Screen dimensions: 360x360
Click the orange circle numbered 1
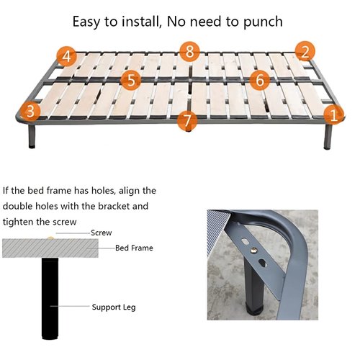click(x=333, y=114)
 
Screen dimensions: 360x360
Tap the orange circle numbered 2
click(x=305, y=52)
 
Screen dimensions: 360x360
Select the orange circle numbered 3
click(x=30, y=111)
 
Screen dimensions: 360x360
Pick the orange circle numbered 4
click(x=67, y=55)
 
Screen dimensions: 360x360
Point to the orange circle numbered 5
click(x=130, y=80)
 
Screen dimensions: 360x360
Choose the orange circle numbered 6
click(x=261, y=80)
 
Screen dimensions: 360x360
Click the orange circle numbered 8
click(x=189, y=51)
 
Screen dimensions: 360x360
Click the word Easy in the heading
click(x=89, y=21)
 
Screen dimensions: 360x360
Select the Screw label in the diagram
click(x=101, y=233)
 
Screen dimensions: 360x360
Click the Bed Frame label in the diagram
click(x=134, y=248)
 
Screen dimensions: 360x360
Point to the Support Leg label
click(x=114, y=307)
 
